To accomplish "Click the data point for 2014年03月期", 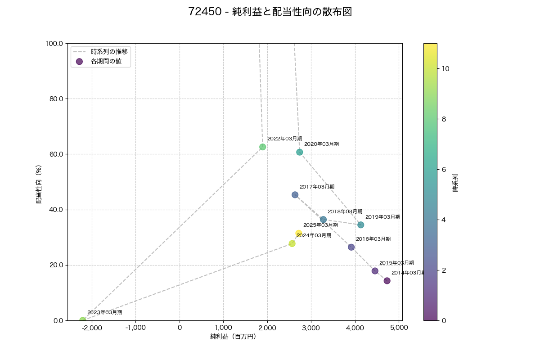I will (387, 281).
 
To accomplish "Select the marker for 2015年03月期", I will (375, 271).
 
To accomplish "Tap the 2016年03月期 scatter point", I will (351, 247).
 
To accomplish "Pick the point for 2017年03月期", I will (295, 195).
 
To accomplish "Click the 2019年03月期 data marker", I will (361, 225).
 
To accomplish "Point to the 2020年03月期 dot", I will (300, 152).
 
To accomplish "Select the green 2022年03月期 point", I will (263, 147).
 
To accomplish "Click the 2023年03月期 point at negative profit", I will (83, 320).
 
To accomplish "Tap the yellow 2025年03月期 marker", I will (299, 233).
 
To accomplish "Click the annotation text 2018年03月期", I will (345, 211).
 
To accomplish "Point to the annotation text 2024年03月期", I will (314, 235).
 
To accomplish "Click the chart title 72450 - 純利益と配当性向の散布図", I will (270, 12).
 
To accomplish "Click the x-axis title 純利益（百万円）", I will (233, 337).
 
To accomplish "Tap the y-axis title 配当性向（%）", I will (39, 184).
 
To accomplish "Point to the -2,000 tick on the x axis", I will (92, 328).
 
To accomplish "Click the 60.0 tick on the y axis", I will (56, 154).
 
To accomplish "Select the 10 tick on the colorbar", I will (446, 69).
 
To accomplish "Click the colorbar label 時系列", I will (455, 183).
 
